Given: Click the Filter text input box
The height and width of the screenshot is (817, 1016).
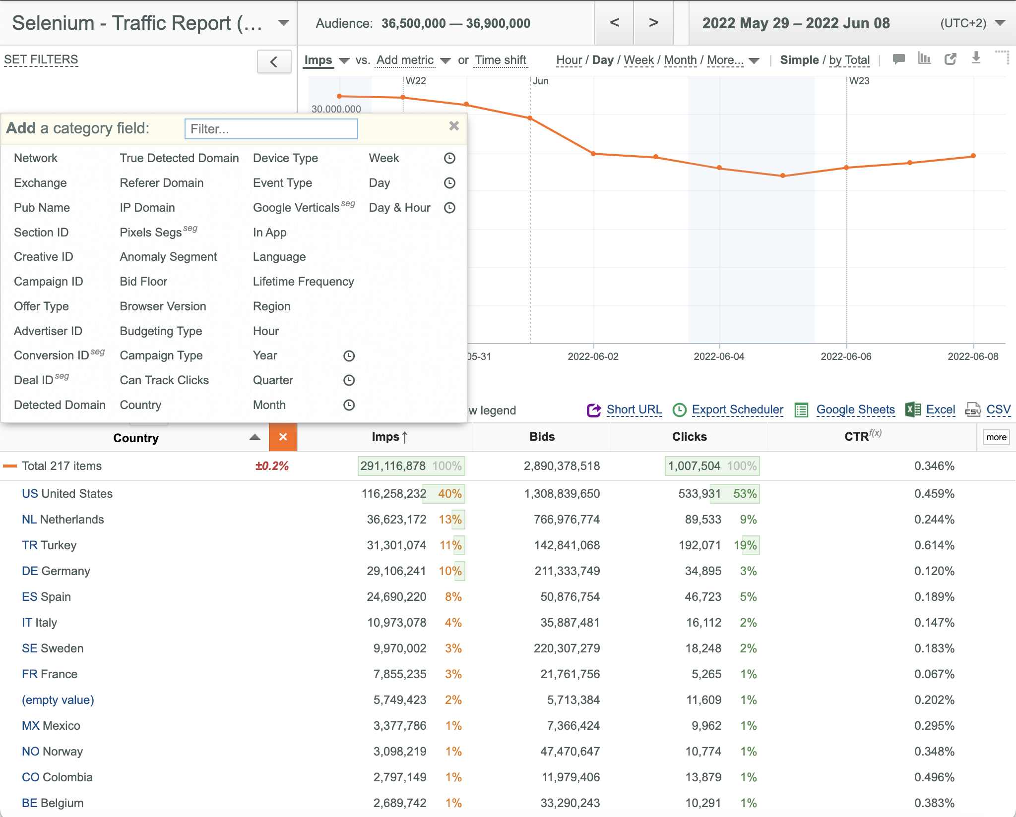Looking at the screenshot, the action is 271,129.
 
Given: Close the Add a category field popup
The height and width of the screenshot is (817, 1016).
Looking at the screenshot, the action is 454,126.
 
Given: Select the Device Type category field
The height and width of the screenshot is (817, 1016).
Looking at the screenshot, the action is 285,158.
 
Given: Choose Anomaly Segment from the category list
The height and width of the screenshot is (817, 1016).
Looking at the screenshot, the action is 168,257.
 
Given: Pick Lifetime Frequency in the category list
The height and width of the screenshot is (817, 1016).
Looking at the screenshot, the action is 303,282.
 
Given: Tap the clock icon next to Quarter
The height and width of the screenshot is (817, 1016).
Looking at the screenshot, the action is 349,380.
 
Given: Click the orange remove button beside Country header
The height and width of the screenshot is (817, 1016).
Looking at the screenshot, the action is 283,437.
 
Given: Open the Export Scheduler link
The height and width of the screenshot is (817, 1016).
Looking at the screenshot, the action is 737,409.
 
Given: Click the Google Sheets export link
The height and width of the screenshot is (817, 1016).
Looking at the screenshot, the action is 855,409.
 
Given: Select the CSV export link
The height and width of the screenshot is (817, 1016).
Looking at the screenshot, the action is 998,409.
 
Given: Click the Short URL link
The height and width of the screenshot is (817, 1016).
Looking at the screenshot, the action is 634,409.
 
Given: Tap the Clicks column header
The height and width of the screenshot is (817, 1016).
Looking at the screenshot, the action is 689,437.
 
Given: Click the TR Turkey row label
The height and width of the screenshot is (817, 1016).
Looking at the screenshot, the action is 49,545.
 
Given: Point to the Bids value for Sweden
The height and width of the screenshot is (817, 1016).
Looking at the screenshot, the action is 567,648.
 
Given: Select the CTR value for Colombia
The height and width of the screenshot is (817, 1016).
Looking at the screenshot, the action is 934,777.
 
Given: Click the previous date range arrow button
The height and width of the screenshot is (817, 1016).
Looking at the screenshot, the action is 614,23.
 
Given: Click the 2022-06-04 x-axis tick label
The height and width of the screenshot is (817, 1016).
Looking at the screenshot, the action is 719,356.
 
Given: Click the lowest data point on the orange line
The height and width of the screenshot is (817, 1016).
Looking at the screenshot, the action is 783,175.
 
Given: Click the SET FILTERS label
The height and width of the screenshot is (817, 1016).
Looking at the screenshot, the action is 41,59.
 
